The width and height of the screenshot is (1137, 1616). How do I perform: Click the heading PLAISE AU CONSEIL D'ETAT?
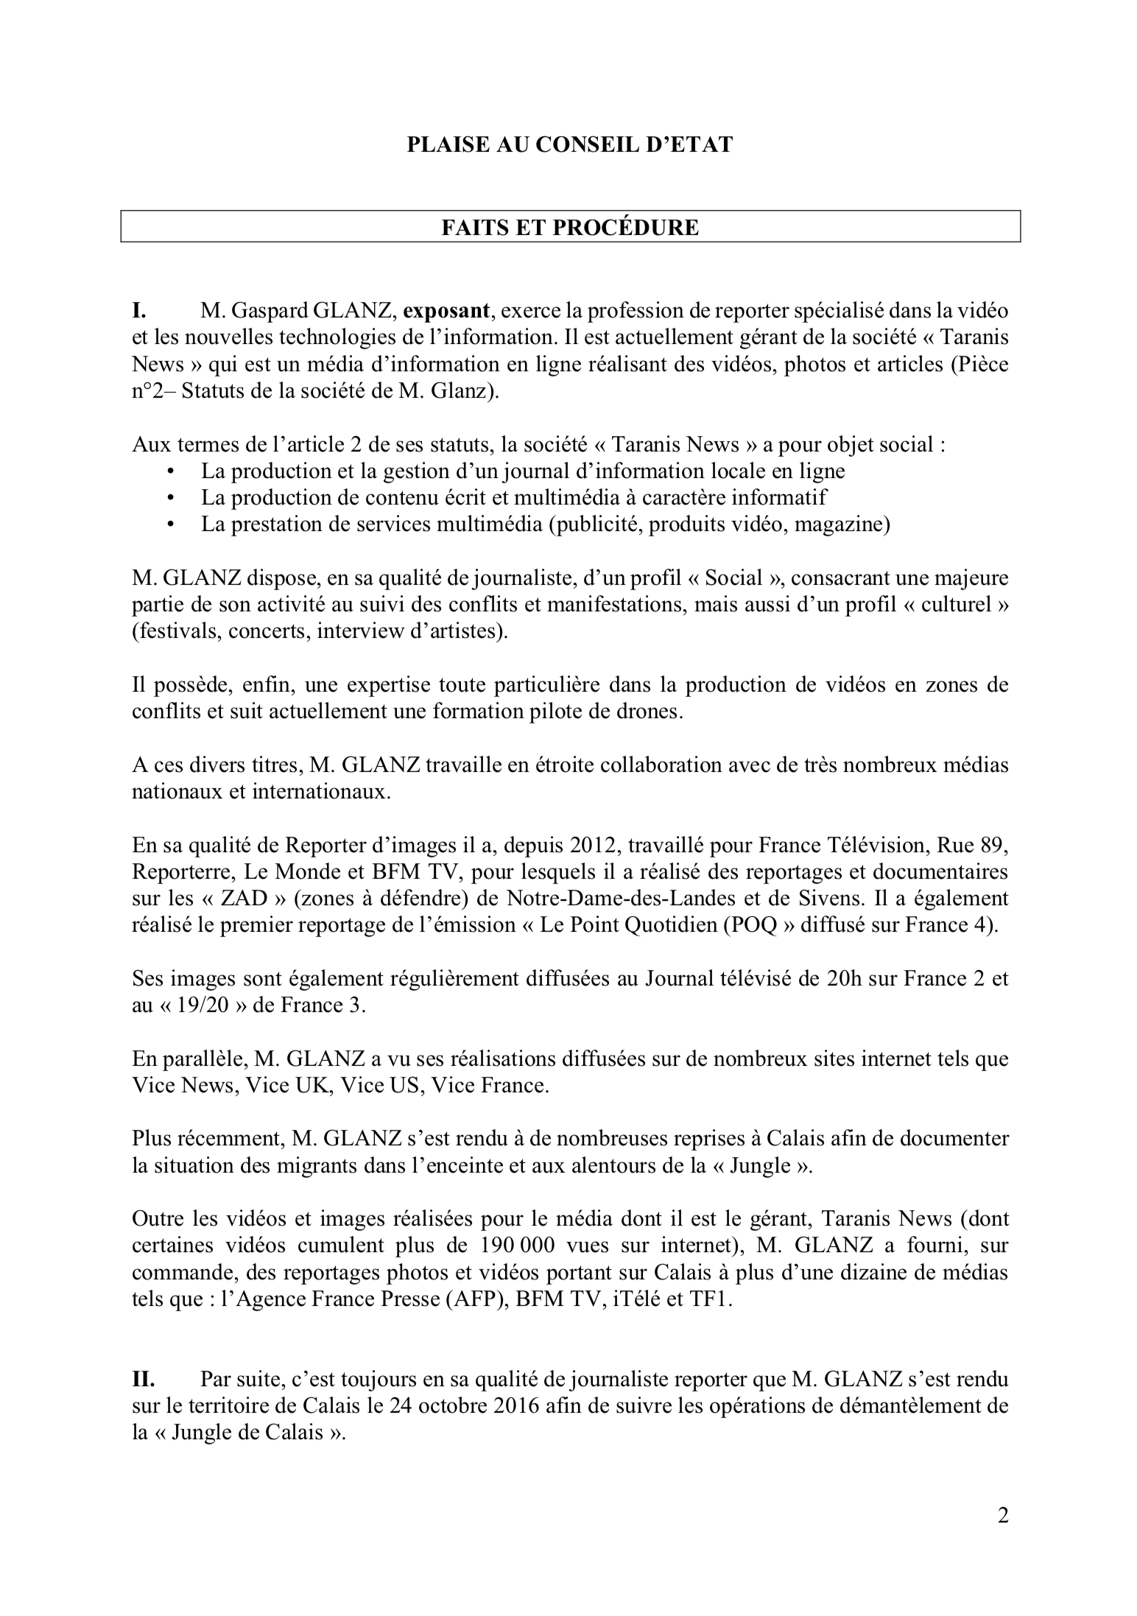[570, 144]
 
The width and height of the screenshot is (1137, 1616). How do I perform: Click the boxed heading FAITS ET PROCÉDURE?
[570, 227]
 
